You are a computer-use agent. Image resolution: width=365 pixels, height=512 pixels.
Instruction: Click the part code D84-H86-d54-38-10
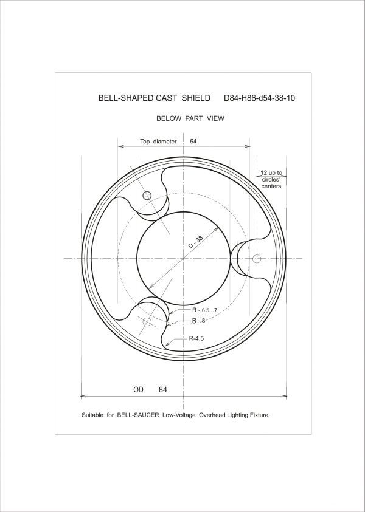(x=259, y=98)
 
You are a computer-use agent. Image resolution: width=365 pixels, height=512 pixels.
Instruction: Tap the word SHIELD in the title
(x=196, y=98)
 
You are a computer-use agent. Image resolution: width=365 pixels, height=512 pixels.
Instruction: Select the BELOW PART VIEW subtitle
(x=190, y=118)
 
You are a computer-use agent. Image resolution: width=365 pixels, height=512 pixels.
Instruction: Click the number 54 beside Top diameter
(x=193, y=142)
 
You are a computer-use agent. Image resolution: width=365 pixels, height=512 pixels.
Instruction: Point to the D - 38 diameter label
(x=196, y=242)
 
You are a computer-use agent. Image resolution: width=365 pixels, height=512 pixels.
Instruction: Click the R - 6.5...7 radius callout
(x=205, y=310)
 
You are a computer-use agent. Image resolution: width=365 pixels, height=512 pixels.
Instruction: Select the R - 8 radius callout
(x=198, y=321)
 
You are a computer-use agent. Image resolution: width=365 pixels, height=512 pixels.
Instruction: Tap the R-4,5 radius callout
(x=196, y=339)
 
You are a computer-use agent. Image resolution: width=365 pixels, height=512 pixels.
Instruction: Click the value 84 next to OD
(x=163, y=389)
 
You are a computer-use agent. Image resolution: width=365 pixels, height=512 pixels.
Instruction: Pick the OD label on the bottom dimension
(x=138, y=389)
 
